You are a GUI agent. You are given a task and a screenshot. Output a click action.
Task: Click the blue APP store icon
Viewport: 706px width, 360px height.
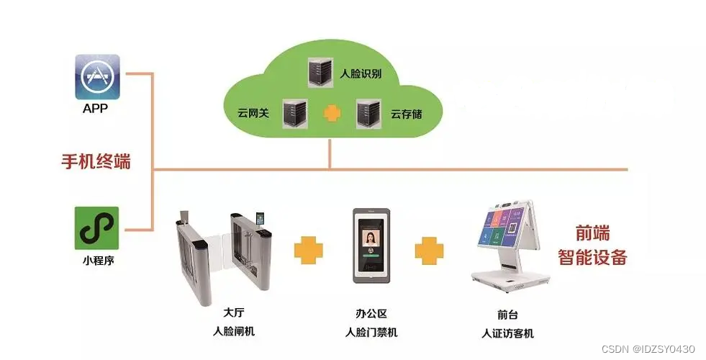[97, 77]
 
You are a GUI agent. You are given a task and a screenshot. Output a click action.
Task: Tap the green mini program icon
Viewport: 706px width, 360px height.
[96, 228]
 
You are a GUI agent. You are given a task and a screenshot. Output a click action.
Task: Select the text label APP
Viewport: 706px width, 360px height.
[96, 110]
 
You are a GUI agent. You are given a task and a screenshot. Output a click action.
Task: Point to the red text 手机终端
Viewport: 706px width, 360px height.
[95, 161]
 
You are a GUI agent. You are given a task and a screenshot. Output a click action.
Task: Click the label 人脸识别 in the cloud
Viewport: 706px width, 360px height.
[361, 73]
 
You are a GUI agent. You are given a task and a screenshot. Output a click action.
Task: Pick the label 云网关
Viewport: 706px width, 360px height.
[253, 113]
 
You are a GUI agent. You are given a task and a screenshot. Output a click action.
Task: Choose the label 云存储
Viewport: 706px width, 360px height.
[407, 113]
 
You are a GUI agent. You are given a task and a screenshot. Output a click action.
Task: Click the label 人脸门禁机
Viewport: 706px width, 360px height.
[371, 332]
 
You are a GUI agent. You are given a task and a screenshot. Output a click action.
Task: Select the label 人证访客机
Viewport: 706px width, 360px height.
[508, 333]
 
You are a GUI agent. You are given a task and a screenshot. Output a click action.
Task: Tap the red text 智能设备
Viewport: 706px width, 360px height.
[593, 257]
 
